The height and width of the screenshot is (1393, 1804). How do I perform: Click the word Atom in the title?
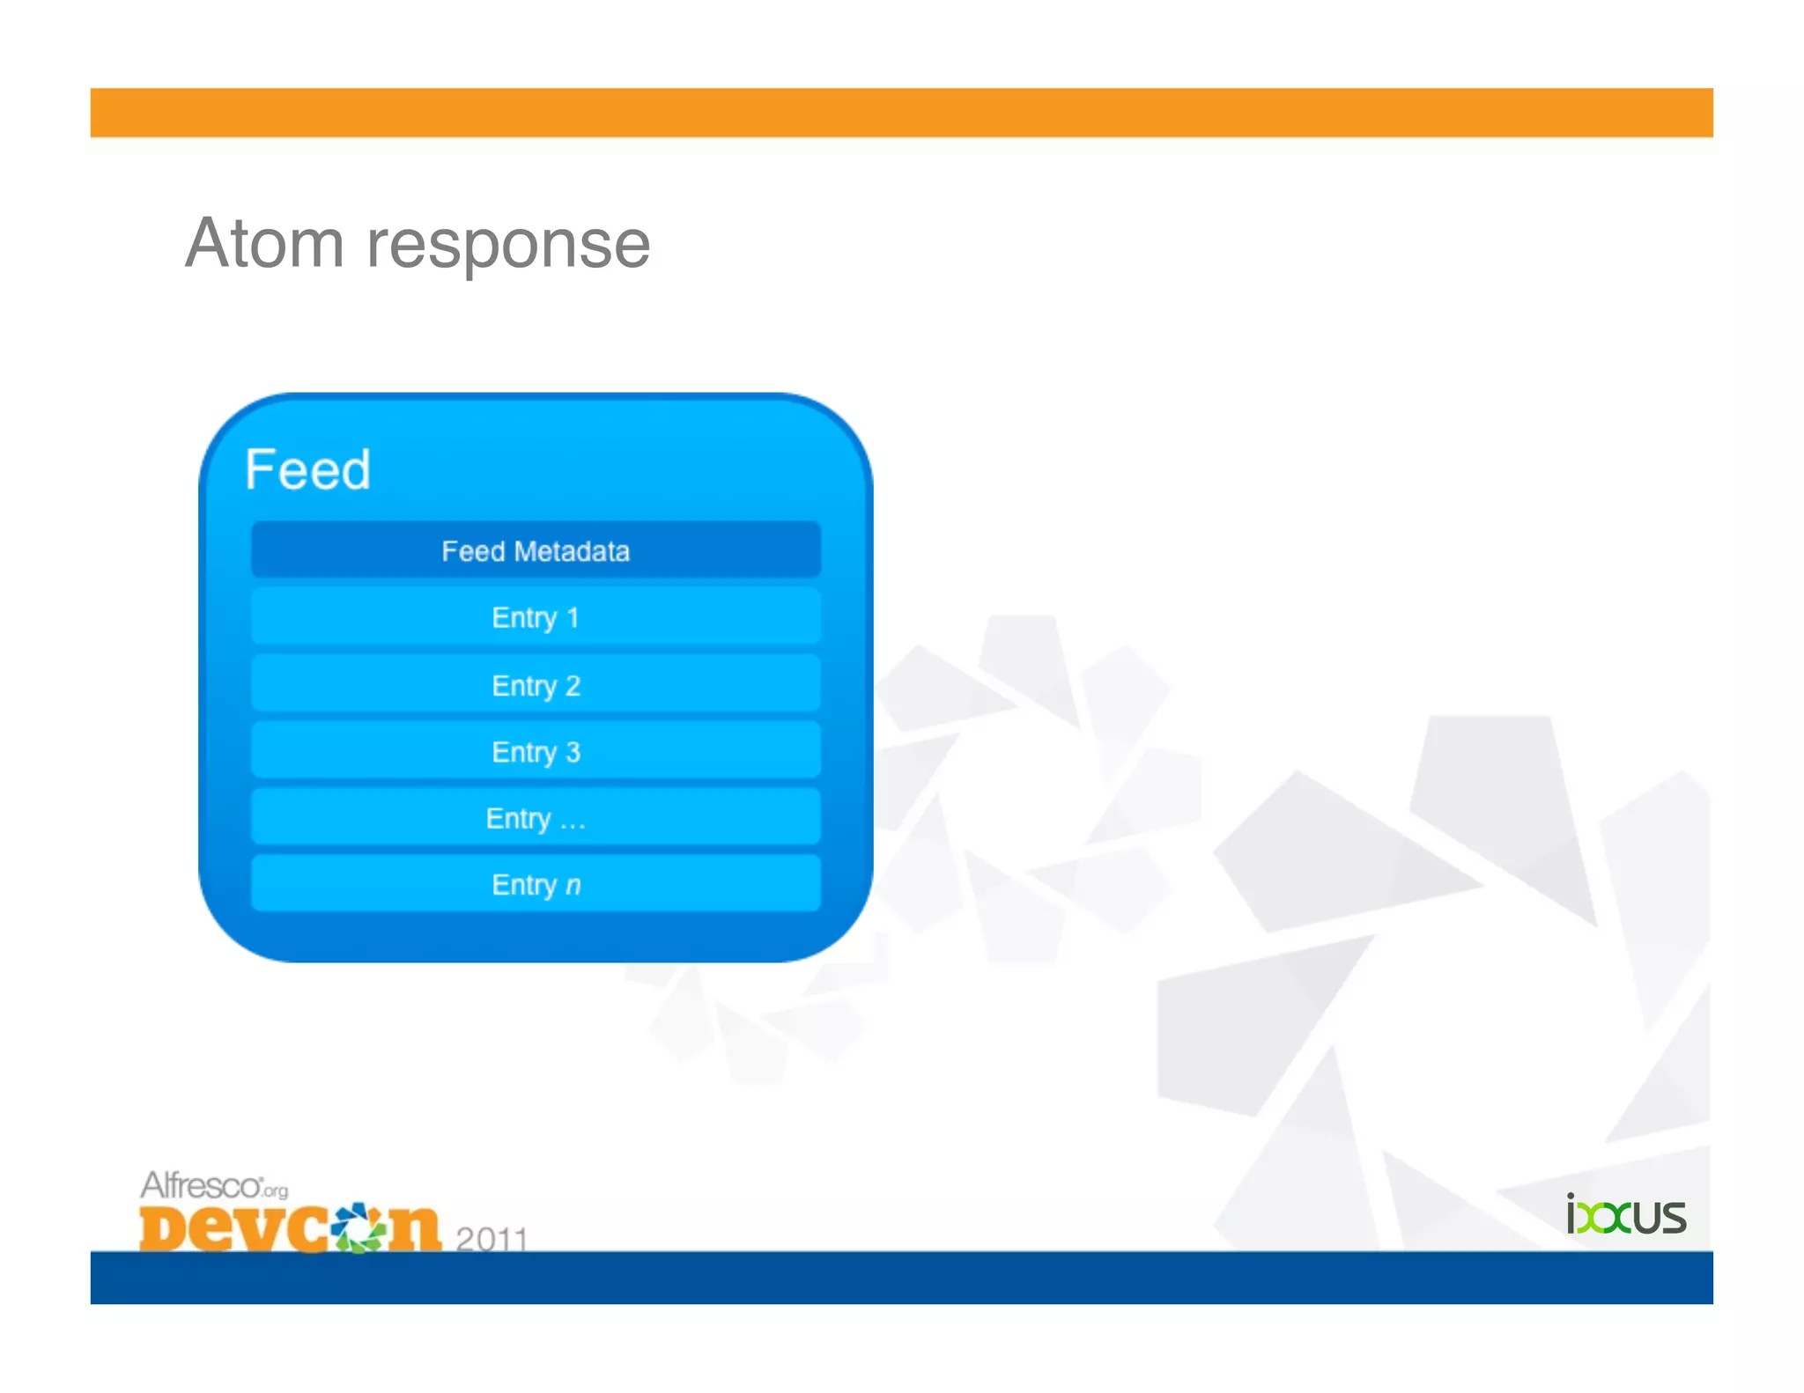[264, 244]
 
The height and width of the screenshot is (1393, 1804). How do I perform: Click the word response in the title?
[508, 247]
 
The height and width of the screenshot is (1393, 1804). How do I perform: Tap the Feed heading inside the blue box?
[307, 469]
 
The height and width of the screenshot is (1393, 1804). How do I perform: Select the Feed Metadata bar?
[536, 550]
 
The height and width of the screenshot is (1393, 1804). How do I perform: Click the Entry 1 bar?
[536, 617]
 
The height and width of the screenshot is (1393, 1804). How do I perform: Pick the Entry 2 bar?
[536, 685]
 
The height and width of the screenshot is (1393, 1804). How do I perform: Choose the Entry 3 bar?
[536, 751]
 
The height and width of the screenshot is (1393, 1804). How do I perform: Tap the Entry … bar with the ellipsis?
[536, 818]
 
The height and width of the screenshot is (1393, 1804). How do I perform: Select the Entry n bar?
[536, 884]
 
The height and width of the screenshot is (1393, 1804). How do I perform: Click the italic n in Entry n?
[573, 886]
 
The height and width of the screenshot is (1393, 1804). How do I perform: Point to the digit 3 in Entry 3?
[573, 752]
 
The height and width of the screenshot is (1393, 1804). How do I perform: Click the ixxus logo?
[1625, 1216]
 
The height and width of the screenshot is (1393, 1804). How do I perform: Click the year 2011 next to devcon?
[492, 1238]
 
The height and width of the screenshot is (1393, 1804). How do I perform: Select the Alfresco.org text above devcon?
[213, 1186]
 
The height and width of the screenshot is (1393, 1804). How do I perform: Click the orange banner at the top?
[901, 113]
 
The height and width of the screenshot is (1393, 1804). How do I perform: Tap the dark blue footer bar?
[901, 1278]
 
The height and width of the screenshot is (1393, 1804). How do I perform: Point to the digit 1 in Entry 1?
[573, 618]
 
